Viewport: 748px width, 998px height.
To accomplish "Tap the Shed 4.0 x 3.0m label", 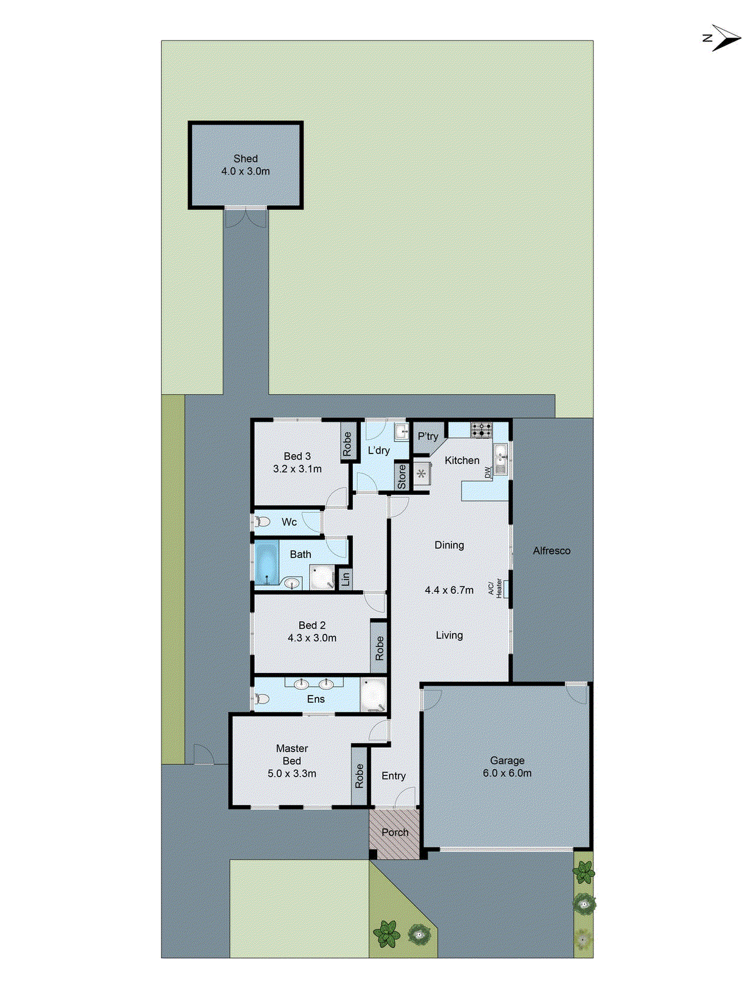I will point(246,165).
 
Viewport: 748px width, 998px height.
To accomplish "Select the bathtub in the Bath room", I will point(267,562).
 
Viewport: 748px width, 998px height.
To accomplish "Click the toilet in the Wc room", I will point(262,521).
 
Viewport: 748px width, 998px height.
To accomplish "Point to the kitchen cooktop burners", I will point(481,430).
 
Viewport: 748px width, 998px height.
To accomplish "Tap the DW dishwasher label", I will point(487,473).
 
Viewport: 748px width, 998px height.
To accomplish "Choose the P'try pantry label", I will point(428,437).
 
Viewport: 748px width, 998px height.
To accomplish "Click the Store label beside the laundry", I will point(402,477).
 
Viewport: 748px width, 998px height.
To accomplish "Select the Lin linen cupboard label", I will point(345,579).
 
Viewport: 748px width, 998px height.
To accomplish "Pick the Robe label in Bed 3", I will point(347,443).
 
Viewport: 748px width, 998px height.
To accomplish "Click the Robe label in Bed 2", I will point(380,648).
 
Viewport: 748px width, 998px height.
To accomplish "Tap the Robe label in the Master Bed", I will point(359,776).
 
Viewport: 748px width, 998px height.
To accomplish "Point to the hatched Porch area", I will point(395,833).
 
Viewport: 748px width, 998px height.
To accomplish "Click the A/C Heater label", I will point(495,588).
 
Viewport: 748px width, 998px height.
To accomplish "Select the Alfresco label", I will point(552,551).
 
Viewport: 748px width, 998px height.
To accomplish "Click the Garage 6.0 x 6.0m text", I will point(507,767).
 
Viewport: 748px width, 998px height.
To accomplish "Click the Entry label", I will point(393,776).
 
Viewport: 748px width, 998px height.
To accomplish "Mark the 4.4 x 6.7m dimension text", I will point(449,590).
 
